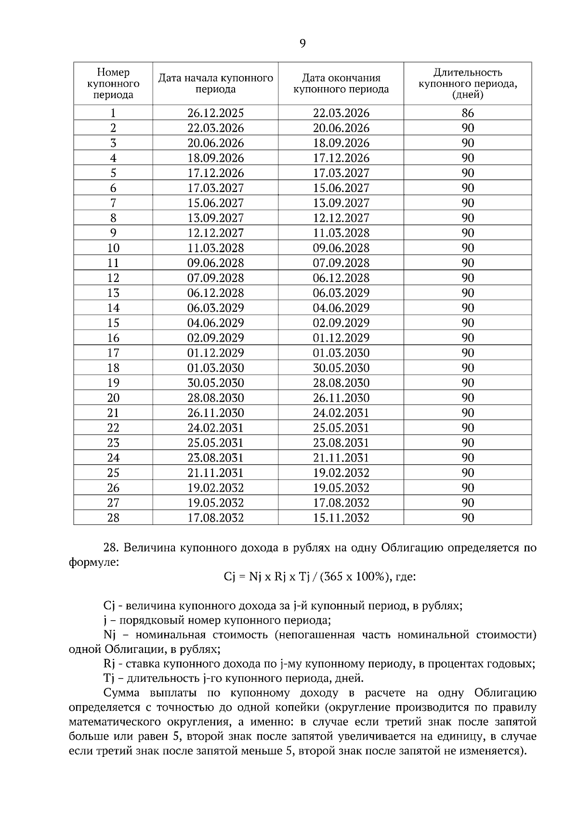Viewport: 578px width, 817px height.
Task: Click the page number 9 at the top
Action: click(302, 44)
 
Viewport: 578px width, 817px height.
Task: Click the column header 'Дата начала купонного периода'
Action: click(215, 83)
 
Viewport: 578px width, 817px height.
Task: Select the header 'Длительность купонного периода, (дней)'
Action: click(467, 83)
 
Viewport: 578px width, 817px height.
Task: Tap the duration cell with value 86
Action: click(467, 113)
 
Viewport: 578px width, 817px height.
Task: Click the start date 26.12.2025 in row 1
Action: click(215, 113)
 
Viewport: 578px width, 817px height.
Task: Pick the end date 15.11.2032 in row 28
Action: click(341, 518)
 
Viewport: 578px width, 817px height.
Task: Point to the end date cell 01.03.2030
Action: click(341, 353)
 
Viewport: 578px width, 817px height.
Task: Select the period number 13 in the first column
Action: click(113, 293)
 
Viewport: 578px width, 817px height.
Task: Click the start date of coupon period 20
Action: click(215, 398)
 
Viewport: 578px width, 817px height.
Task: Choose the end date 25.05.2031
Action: click(341, 428)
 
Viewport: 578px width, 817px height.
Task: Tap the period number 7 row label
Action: click(113, 203)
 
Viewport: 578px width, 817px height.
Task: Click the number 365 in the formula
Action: click(334, 576)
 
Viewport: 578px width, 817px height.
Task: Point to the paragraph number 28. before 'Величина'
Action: click(111, 548)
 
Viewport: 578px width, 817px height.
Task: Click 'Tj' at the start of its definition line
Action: click(108, 678)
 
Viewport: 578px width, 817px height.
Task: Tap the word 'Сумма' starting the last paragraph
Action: click(121, 693)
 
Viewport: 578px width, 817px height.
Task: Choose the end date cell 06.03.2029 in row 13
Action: click(341, 293)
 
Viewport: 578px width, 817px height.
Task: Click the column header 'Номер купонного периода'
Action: click(113, 83)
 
